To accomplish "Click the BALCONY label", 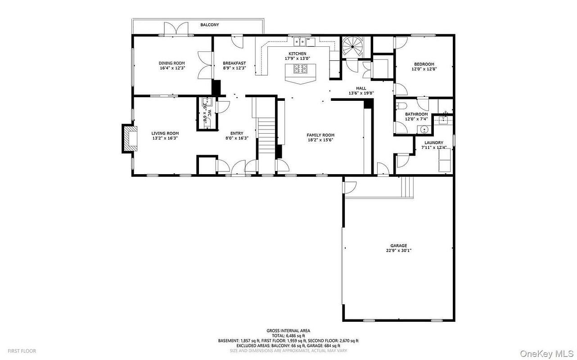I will [x=210, y=25].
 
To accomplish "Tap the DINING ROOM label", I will [x=171, y=63].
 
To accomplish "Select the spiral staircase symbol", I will [x=352, y=46].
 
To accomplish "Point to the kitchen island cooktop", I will [x=301, y=69].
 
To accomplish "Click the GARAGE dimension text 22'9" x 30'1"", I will [x=398, y=251].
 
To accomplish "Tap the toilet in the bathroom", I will [x=401, y=107].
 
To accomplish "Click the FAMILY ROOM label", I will [x=320, y=135].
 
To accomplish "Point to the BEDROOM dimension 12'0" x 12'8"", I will [x=424, y=69].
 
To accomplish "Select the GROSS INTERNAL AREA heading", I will [x=288, y=331].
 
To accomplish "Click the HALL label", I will [x=361, y=88].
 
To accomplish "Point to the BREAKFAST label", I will [x=234, y=63].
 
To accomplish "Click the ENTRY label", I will [x=237, y=133].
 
